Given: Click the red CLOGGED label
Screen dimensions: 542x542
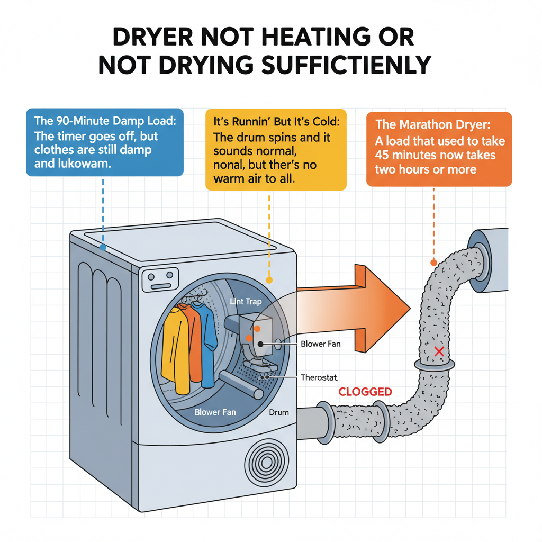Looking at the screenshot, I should [x=365, y=392].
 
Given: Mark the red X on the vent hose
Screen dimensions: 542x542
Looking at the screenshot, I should [x=438, y=351].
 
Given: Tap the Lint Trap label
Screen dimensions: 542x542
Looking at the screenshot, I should [x=246, y=302].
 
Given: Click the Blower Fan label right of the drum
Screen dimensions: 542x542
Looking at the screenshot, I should [x=320, y=344].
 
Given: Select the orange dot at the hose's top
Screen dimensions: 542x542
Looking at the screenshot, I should [x=433, y=261].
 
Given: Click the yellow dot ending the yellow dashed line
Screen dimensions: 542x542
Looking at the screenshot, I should [x=269, y=279].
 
